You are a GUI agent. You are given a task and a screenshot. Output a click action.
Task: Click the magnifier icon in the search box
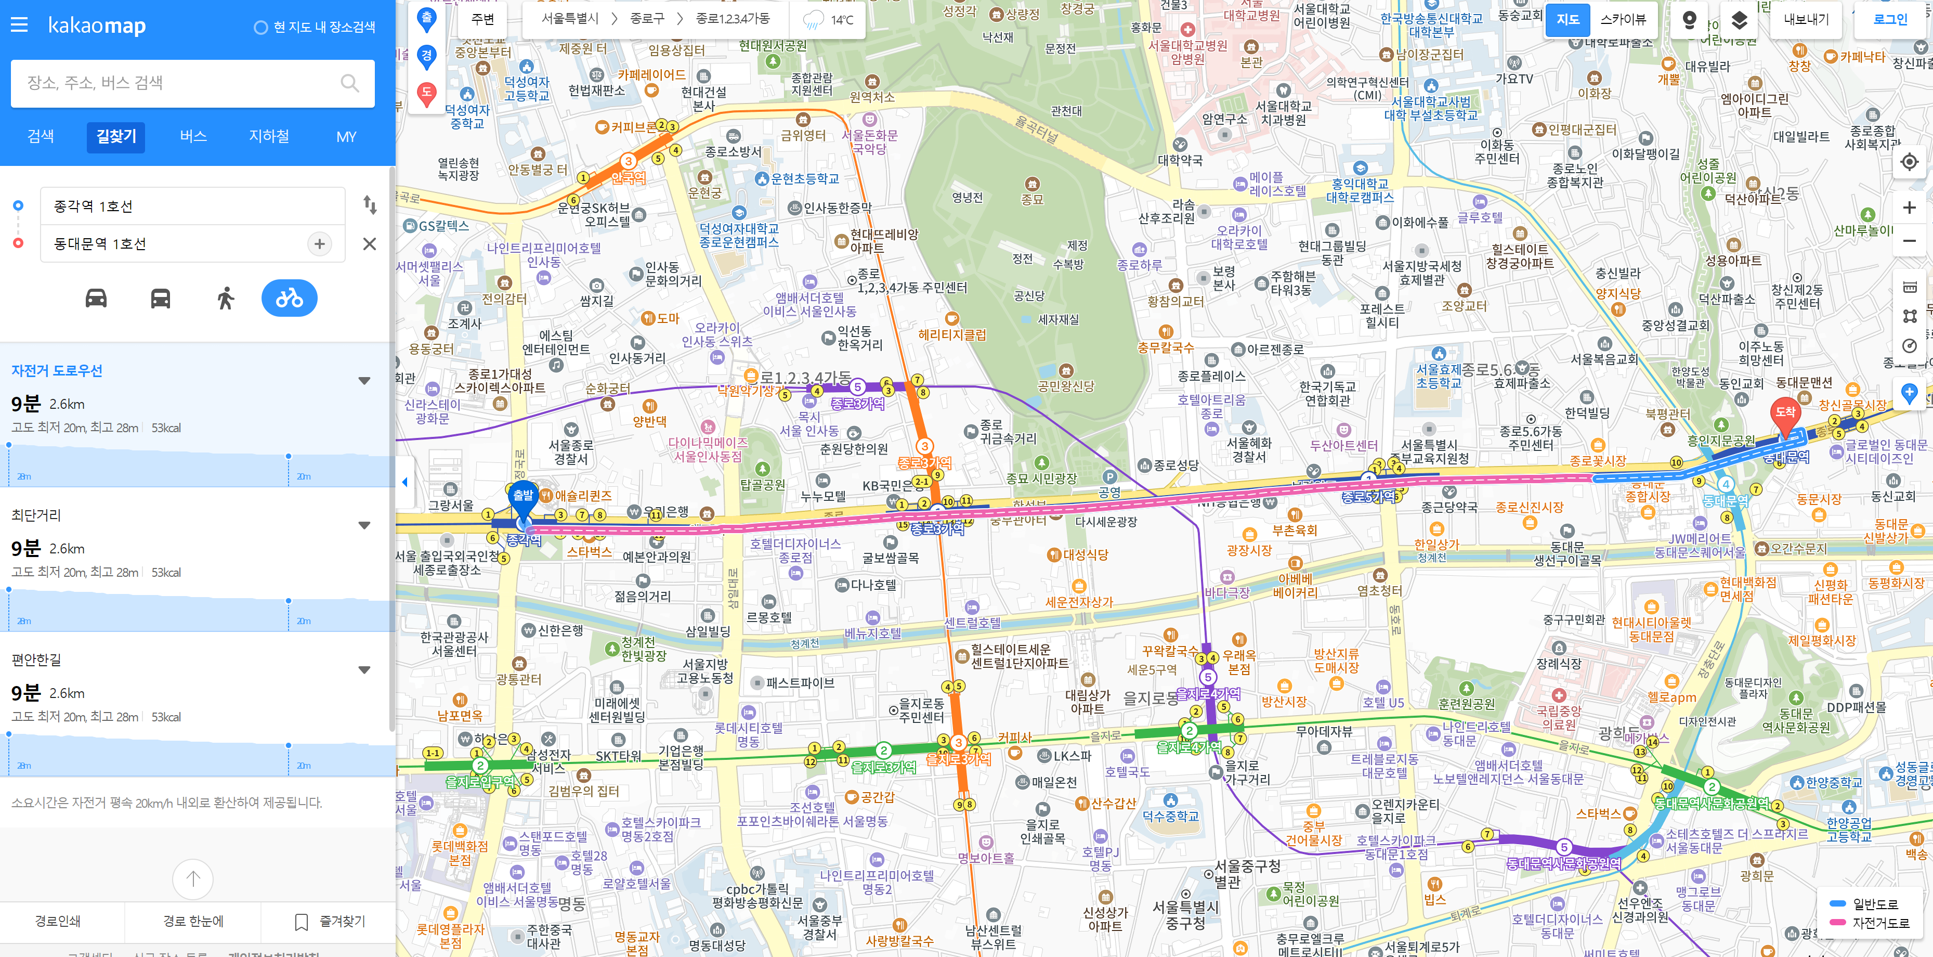pyautogui.click(x=350, y=83)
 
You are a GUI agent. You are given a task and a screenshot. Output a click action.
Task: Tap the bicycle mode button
pyautogui.click(x=289, y=299)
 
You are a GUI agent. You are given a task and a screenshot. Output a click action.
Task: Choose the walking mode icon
pyautogui.click(x=225, y=299)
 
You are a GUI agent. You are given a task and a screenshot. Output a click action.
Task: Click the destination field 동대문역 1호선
pyautogui.click(x=176, y=244)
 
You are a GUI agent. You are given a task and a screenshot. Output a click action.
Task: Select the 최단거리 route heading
pyautogui.click(x=36, y=515)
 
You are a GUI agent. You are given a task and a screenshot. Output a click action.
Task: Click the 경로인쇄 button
pyautogui.click(x=58, y=921)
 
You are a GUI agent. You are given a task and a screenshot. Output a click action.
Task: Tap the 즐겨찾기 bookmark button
pyautogui.click(x=330, y=921)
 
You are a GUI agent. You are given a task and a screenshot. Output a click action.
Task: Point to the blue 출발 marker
pyautogui.click(x=523, y=497)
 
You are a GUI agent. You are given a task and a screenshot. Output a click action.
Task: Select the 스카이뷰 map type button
pyautogui.click(x=1623, y=20)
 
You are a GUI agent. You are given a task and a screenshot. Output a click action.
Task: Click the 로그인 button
pyautogui.click(x=1889, y=20)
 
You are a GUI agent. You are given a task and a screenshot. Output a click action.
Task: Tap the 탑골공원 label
pyautogui.click(x=762, y=485)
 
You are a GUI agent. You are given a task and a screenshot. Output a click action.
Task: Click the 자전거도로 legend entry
pyautogui.click(x=1880, y=923)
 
